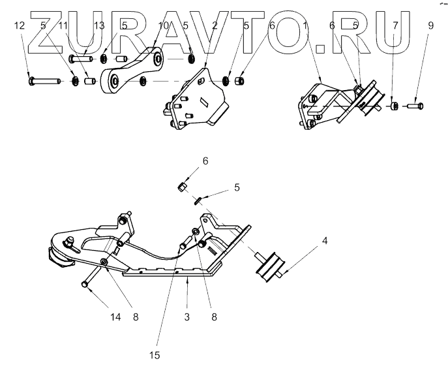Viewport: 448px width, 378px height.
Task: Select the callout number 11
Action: point(63,25)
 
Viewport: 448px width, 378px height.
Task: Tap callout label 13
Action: point(99,25)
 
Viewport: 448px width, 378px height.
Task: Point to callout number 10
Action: point(164,25)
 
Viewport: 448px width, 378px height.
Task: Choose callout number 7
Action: point(394,25)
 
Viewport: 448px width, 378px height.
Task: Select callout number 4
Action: point(324,240)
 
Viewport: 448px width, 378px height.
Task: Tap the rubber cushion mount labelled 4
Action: point(269,267)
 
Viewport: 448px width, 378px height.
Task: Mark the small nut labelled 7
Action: point(395,106)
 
